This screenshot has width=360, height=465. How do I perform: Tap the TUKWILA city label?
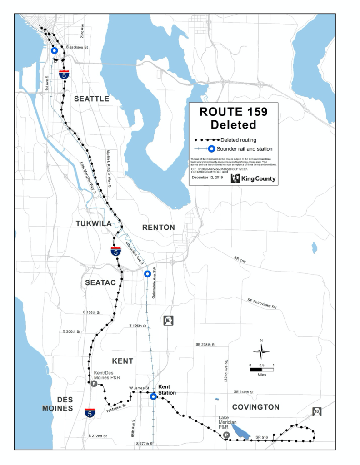(94, 223)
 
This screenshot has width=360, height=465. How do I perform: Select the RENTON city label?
(158, 227)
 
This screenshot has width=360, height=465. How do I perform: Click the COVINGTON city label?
(255, 407)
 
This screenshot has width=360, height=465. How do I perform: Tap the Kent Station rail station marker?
(154, 396)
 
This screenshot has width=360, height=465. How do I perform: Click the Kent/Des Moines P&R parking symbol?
(94, 384)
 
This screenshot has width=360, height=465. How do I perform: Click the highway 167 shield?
(168, 321)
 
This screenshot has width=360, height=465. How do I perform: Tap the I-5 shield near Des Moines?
(90, 413)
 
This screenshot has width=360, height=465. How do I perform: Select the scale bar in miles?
(261, 369)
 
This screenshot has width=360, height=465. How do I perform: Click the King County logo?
(253, 178)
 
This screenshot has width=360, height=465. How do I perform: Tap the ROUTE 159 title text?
(234, 112)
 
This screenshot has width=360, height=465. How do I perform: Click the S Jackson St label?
(77, 47)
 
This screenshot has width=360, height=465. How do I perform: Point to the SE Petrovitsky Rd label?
(262, 303)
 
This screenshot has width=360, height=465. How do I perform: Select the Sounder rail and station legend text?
(245, 148)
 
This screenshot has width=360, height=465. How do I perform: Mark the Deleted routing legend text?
(238, 140)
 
